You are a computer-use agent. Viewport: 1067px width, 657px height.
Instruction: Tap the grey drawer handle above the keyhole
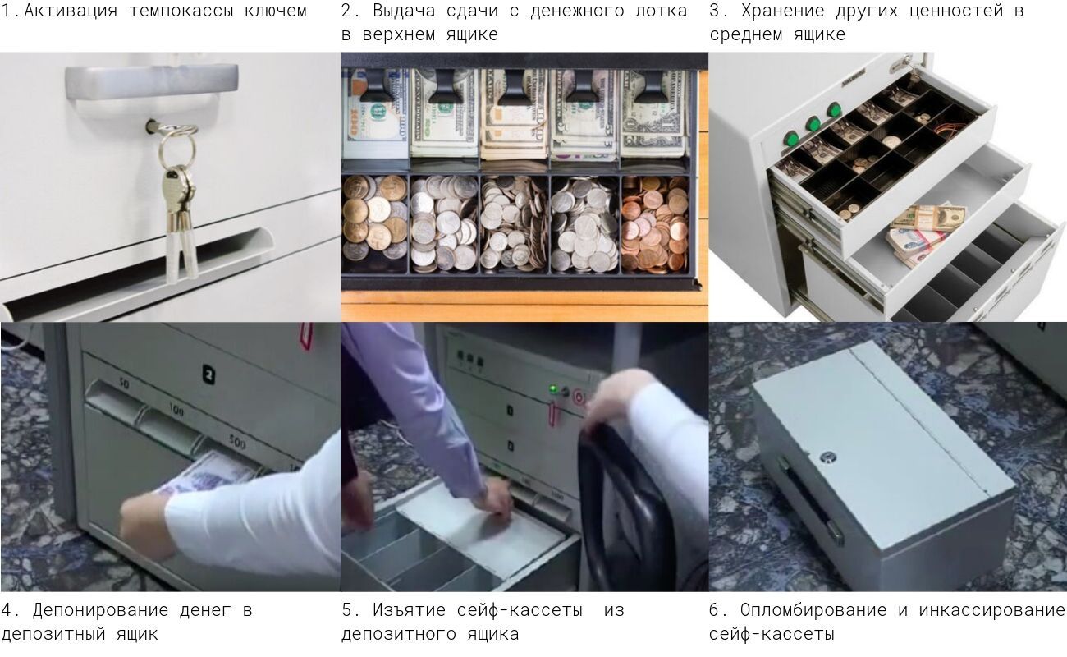tap(152, 82)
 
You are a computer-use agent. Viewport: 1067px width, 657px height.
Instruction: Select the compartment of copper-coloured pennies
tap(654, 224)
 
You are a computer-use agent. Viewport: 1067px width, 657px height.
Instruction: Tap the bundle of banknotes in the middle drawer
tap(924, 233)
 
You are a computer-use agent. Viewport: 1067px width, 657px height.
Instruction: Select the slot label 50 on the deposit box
tap(124, 383)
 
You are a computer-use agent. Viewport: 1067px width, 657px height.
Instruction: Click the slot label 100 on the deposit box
tap(176, 409)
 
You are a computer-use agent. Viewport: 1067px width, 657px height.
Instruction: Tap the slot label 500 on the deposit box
tap(236, 443)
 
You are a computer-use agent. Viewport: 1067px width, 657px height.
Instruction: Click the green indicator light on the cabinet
tap(553, 389)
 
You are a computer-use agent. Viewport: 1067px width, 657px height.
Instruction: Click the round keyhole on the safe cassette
tap(828, 458)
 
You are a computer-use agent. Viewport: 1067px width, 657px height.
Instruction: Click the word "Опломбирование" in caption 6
tap(813, 610)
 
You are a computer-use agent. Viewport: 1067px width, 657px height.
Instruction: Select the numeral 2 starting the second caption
tap(346, 11)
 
